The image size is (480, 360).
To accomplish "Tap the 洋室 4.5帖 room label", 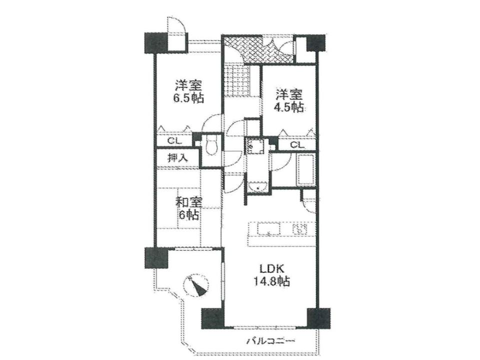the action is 289,100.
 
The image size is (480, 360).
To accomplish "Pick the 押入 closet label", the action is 177,158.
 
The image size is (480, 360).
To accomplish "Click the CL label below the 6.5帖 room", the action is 175,141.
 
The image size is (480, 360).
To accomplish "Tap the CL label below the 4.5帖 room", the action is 297,144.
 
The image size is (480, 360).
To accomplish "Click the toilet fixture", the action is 211,145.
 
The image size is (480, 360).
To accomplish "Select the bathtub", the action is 305,170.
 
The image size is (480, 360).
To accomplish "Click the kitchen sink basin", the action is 268,228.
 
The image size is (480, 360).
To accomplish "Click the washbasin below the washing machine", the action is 258,186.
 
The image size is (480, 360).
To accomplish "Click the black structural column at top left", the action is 156,43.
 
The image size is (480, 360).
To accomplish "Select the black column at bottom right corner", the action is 318,318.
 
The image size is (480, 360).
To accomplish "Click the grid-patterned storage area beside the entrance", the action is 237,80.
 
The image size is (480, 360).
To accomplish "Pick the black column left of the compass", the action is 156,258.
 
